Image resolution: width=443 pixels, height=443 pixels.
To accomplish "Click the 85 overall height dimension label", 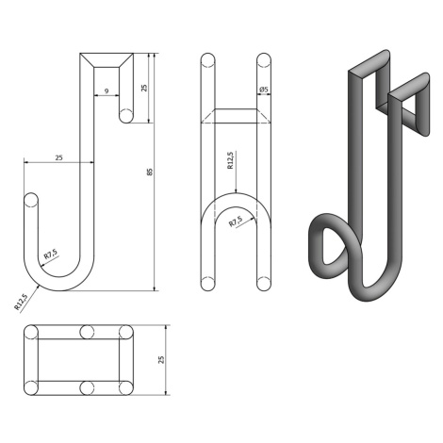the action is point(150,172).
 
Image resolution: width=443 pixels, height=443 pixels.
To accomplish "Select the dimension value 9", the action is point(107,91).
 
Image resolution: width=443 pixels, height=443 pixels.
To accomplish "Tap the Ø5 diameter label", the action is point(264,90).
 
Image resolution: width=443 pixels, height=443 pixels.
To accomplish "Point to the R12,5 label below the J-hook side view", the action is point(22,302).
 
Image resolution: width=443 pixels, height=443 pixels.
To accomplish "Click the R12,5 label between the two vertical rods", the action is point(230,160).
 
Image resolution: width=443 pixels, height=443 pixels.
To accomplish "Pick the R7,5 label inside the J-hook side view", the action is point(51,254).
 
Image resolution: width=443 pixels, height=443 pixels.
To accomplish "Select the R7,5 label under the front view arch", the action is point(236,221).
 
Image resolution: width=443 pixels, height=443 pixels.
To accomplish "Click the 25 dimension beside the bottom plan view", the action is point(161,360).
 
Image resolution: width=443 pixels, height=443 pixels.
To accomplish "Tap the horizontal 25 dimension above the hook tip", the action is point(58,157).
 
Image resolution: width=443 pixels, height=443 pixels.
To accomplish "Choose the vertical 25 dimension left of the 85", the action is point(144,88).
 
